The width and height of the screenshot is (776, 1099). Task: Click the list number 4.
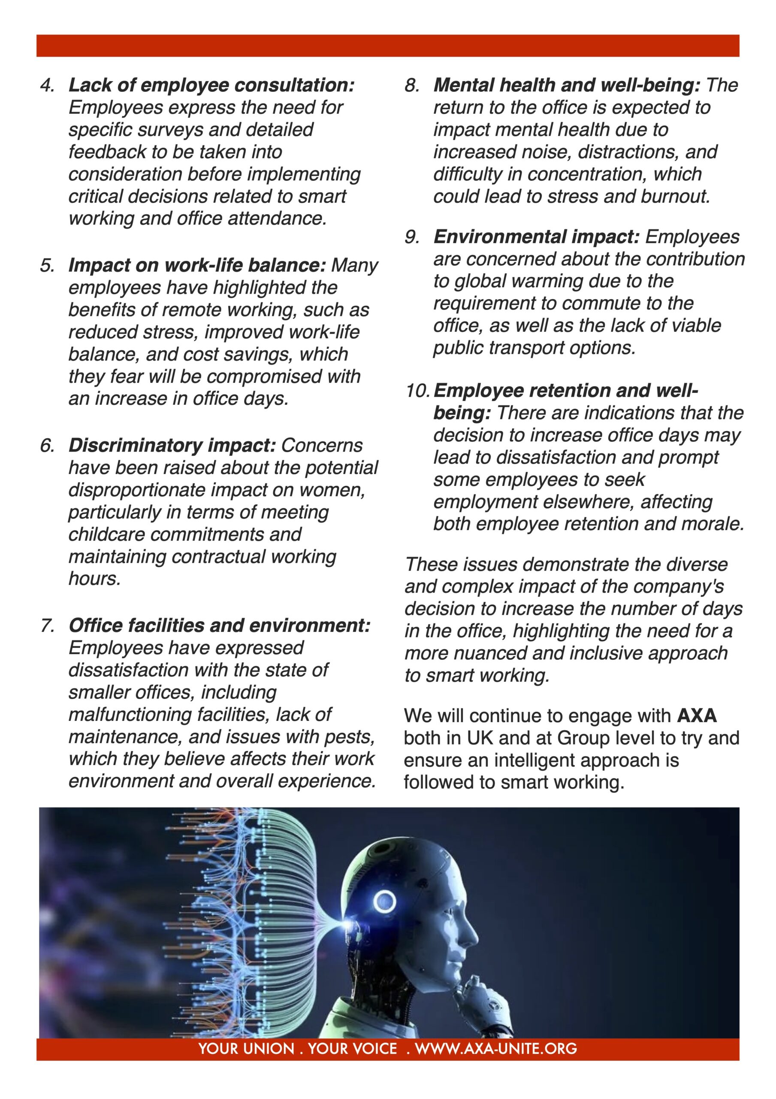point(47,86)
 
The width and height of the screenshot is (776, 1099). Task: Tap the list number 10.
point(418,391)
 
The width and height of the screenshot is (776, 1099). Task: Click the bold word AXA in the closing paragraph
point(697,716)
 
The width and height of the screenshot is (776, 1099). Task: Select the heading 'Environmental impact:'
point(536,237)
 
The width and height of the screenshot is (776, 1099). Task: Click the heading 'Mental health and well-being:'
point(567,86)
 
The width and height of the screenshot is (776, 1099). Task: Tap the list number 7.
point(47,626)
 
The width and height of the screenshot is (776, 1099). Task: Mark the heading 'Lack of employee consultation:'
point(211,86)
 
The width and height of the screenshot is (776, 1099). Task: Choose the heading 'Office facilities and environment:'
point(220,626)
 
